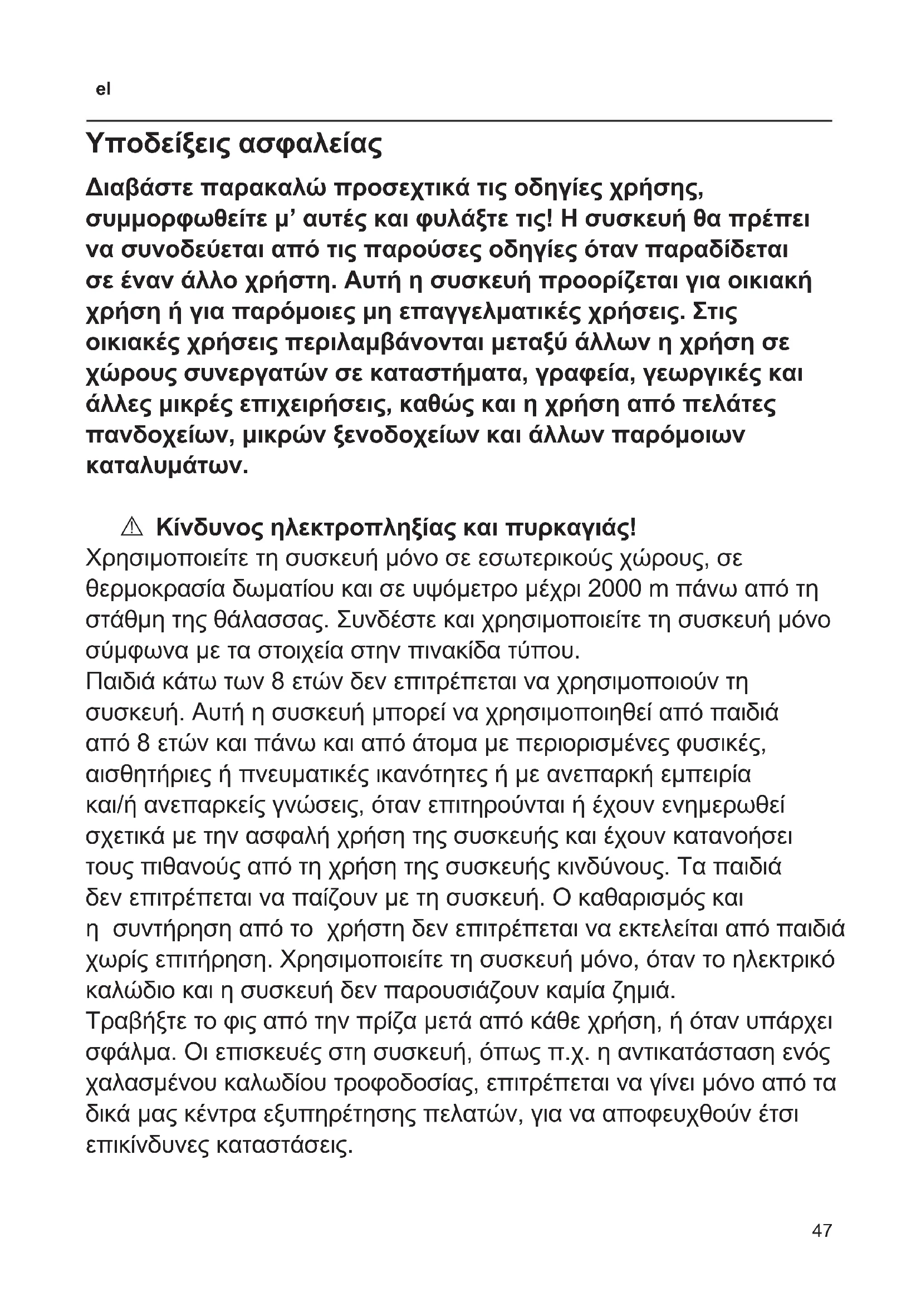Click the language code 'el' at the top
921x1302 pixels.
(103, 90)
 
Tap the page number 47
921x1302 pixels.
(822, 1230)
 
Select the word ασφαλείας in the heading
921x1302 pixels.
(311, 145)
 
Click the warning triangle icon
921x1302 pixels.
(131, 527)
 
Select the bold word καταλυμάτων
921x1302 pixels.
(166, 466)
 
